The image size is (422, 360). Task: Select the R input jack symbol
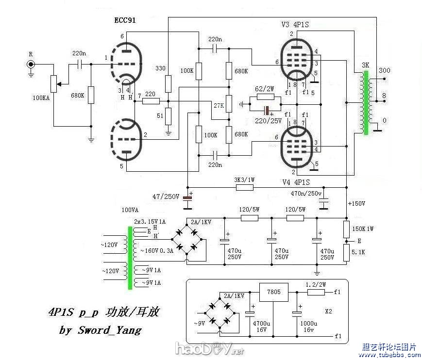[x=31, y=64]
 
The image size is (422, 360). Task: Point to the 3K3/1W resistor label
[x=244, y=180]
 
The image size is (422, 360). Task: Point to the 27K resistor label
[x=219, y=106]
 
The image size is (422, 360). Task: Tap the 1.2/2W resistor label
[x=316, y=284]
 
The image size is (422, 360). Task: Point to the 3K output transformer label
[x=365, y=65]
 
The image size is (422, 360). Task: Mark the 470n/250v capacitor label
[x=306, y=194]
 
